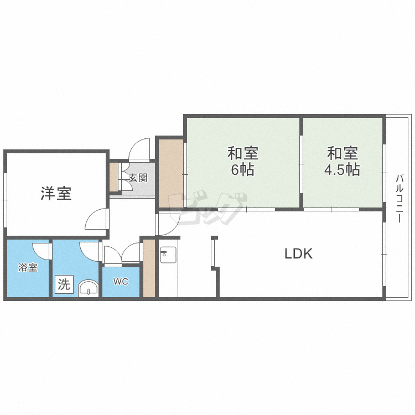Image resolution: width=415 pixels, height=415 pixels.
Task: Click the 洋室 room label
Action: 56,193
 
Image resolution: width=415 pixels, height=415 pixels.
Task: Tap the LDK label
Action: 298,253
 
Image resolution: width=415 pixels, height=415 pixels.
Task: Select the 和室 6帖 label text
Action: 243,161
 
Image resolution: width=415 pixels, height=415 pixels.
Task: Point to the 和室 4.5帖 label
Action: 342,161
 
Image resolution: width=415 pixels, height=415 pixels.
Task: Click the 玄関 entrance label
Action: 138,178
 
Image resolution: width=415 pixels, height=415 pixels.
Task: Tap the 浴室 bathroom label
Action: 28,267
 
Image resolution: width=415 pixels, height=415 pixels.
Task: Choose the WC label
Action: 121,281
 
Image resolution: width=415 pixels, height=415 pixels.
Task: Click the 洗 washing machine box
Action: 64,284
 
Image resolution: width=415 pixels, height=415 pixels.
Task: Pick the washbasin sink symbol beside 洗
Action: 89,289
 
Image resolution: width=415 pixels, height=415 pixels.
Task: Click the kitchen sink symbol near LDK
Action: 168,255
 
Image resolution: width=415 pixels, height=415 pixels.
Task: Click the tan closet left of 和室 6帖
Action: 171,173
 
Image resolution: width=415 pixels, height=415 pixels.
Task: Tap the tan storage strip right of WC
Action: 149,268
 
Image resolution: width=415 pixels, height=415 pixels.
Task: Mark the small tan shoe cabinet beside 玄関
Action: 114,177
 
